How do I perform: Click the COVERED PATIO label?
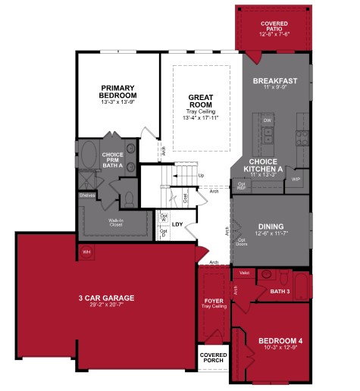274,28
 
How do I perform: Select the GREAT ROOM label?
201,101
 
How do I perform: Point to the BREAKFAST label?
274,80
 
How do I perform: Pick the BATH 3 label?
280,291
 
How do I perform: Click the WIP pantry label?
296,180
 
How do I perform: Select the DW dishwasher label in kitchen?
267,120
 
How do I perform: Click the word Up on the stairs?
201,176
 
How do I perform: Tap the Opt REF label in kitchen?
243,186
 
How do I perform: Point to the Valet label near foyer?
244,274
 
